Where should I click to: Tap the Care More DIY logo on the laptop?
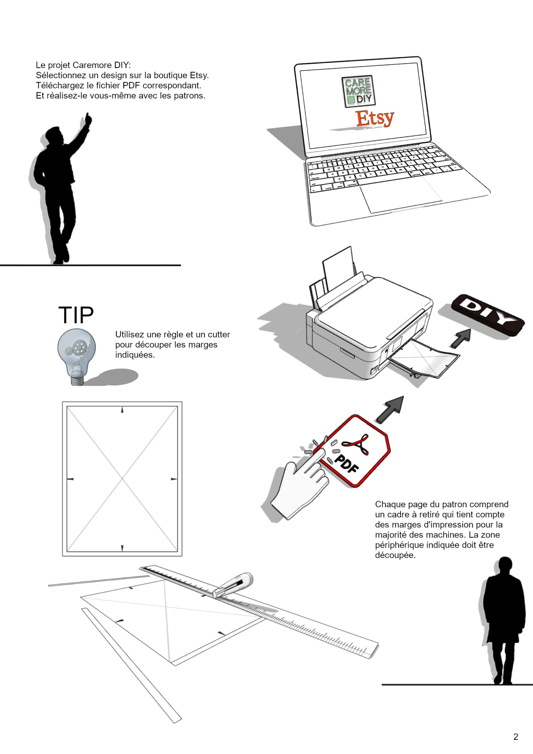click(x=358, y=91)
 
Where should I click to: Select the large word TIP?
click(x=76, y=315)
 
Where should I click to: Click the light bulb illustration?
click(x=77, y=357)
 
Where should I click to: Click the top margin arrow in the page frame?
click(x=122, y=410)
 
